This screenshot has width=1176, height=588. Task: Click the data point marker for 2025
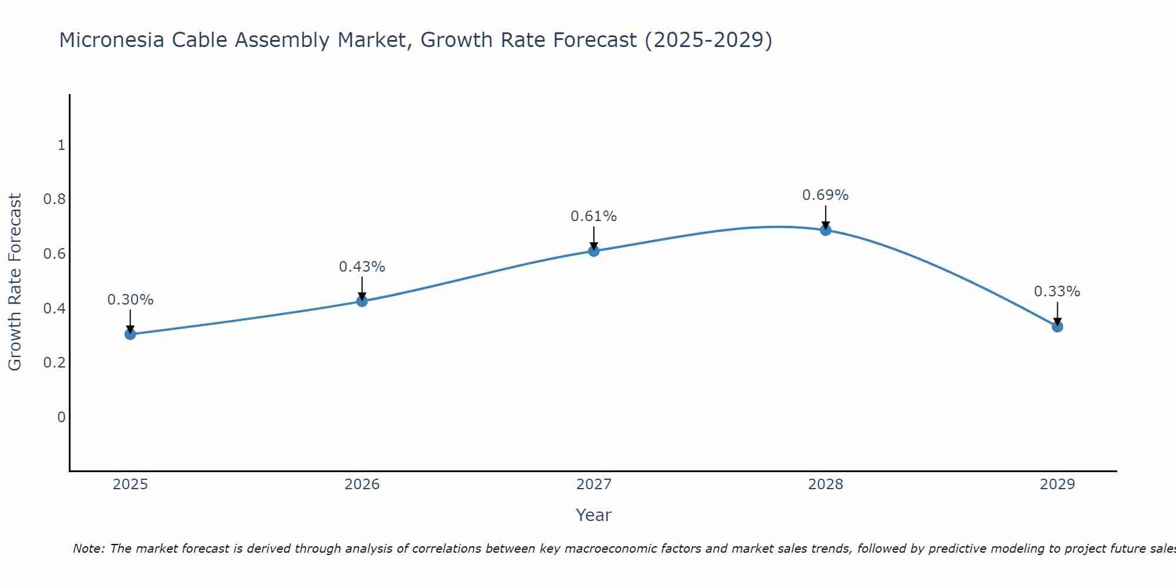(131, 334)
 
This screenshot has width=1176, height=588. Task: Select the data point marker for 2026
(362, 301)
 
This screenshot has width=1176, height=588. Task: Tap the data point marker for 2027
(594, 251)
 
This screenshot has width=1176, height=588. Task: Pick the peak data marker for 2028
(826, 230)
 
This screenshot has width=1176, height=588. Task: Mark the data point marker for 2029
(1057, 326)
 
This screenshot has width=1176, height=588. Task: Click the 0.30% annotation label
(131, 300)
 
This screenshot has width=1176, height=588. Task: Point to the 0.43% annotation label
(362, 267)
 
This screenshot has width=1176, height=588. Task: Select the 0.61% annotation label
(594, 216)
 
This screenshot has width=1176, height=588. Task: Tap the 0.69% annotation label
(826, 195)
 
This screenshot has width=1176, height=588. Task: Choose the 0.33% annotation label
(1057, 292)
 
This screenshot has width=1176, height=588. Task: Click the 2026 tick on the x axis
(362, 485)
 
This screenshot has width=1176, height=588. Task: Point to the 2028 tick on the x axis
(826, 485)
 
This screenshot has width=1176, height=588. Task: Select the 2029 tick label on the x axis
(1057, 485)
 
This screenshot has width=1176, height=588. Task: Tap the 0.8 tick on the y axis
(55, 199)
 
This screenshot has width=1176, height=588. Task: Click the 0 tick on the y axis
(61, 417)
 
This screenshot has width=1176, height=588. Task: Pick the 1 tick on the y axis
(61, 145)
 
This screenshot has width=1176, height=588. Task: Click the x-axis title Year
(594, 515)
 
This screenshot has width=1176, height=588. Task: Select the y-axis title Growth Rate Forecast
(15, 282)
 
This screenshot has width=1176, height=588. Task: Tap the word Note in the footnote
(88, 549)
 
